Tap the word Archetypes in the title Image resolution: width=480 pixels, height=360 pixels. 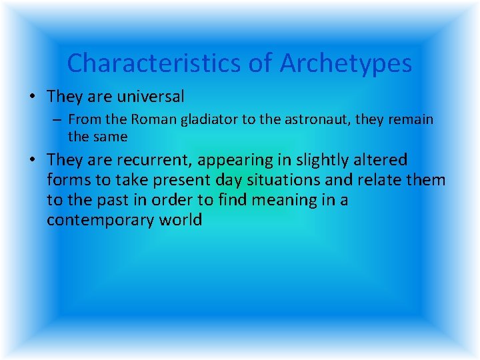345,63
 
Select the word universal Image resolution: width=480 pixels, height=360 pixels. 151,97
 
